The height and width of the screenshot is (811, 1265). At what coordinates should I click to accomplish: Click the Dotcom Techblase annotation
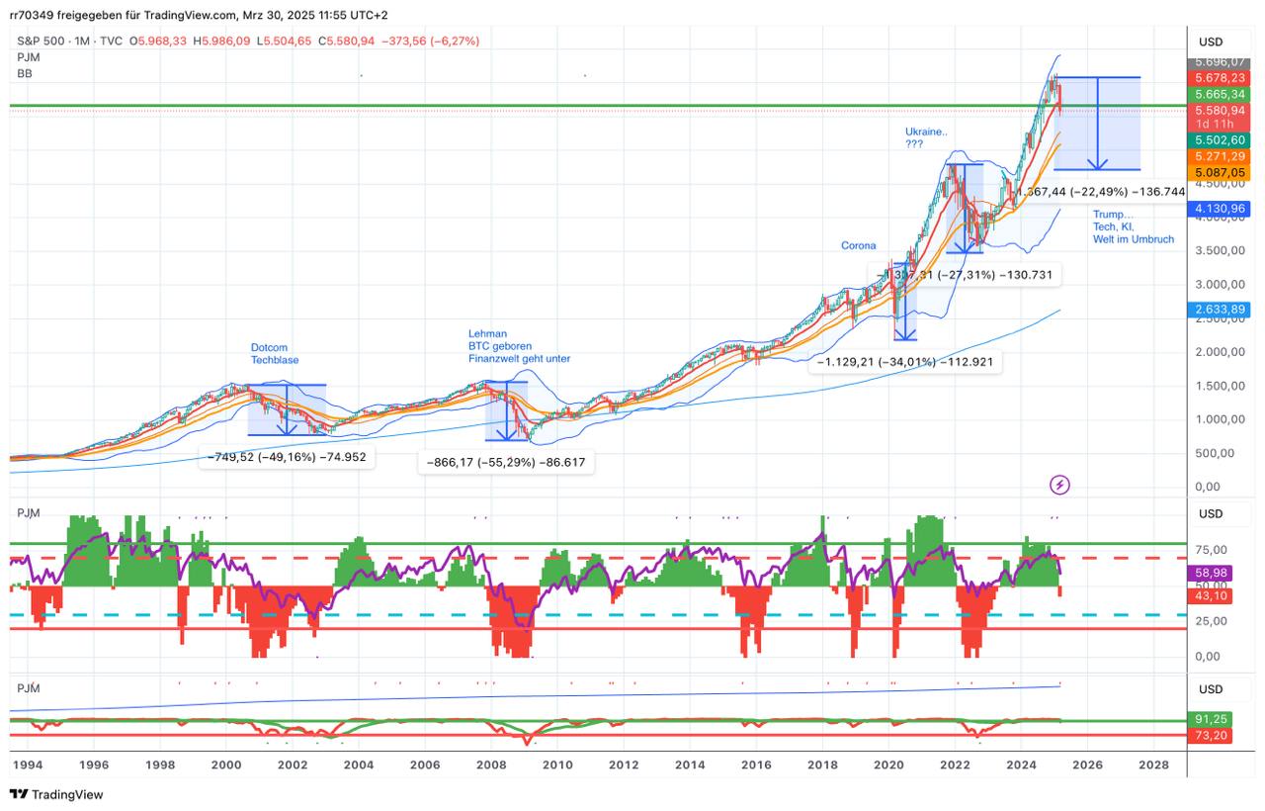[274, 354]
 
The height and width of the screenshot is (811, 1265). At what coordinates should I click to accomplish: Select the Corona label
[858, 245]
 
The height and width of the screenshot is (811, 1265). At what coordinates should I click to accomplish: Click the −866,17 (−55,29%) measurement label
[510, 462]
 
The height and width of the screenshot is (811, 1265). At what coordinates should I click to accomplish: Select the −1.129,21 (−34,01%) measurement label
[904, 363]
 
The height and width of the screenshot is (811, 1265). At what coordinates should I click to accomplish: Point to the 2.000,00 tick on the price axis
[1218, 352]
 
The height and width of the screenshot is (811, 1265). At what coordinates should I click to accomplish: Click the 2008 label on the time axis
[491, 766]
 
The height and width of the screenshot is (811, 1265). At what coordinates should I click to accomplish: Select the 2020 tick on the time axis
[888, 766]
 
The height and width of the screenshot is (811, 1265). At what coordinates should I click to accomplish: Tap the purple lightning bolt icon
[1059, 485]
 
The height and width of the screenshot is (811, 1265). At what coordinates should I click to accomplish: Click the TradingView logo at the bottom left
[56, 794]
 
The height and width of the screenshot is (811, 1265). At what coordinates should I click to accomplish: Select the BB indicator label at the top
[25, 73]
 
